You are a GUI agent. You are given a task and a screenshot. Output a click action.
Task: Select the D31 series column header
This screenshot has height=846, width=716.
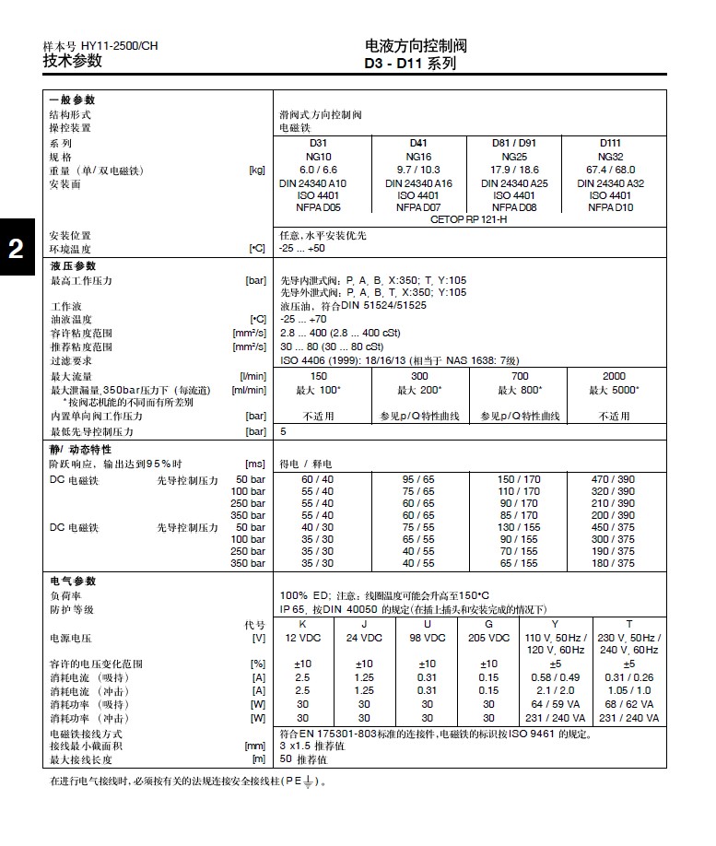(318, 143)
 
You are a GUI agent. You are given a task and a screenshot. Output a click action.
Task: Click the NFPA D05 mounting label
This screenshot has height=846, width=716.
(318, 208)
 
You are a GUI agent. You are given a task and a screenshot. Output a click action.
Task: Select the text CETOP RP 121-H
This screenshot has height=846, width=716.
(468, 221)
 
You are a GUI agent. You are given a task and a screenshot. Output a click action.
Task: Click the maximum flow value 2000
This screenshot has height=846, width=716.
(614, 376)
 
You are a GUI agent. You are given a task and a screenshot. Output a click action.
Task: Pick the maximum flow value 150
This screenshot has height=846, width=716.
(318, 376)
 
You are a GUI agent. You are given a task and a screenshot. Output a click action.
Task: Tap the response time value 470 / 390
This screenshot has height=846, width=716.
(613, 480)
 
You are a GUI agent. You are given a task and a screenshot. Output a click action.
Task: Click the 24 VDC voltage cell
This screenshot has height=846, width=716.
(364, 638)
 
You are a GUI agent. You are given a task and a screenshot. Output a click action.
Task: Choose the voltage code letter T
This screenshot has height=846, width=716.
(629, 624)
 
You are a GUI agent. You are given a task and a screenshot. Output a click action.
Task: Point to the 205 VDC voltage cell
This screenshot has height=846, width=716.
(488, 638)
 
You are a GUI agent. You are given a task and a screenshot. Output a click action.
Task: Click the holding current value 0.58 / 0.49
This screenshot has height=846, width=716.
(556, 677)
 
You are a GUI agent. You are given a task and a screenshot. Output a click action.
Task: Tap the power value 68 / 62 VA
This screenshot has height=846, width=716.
(629, 704)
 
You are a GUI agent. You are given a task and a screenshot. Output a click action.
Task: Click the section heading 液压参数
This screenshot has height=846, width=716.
(73, 266)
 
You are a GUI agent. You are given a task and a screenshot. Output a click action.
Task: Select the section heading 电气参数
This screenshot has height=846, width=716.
(73, 582)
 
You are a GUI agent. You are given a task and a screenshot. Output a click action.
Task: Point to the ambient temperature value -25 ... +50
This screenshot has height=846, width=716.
(302, 249)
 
